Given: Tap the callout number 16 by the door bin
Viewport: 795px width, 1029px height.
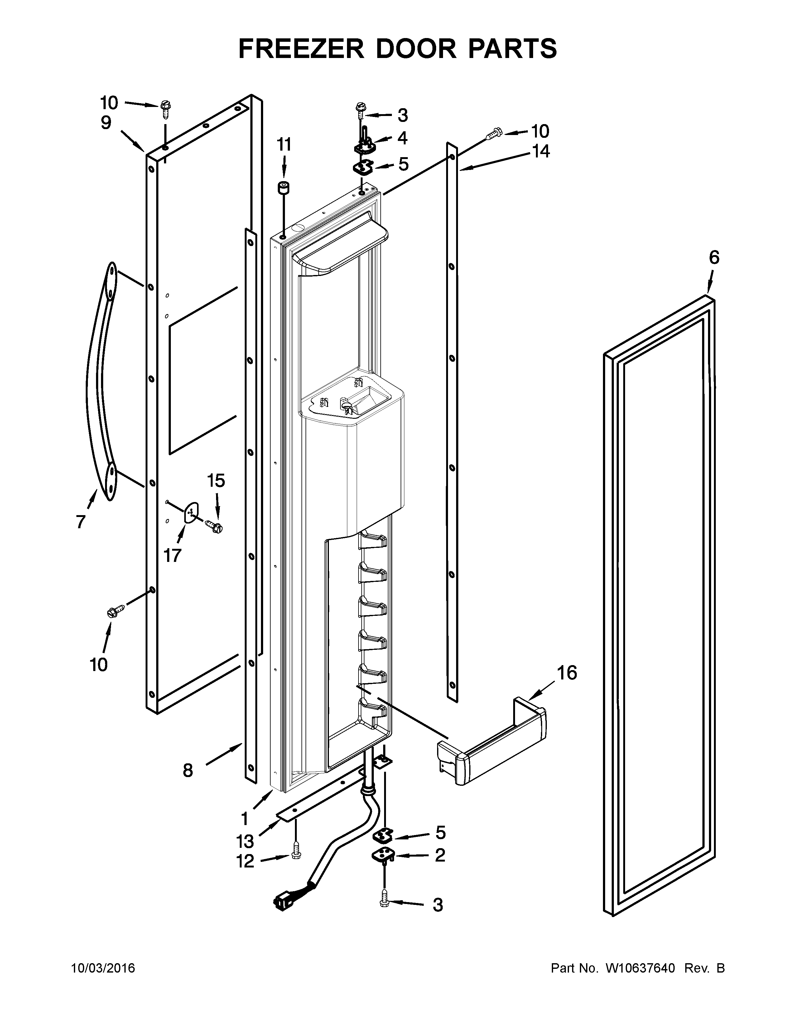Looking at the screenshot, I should coord(567,673).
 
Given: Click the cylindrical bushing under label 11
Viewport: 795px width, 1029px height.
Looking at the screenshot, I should coord(283,188).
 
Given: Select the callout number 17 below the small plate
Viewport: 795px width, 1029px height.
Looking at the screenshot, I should coord(172,555).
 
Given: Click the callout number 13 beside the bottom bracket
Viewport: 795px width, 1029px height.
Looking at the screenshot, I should coord(245,841).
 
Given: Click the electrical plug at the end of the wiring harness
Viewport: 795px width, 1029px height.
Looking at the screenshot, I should coord(282,903).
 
